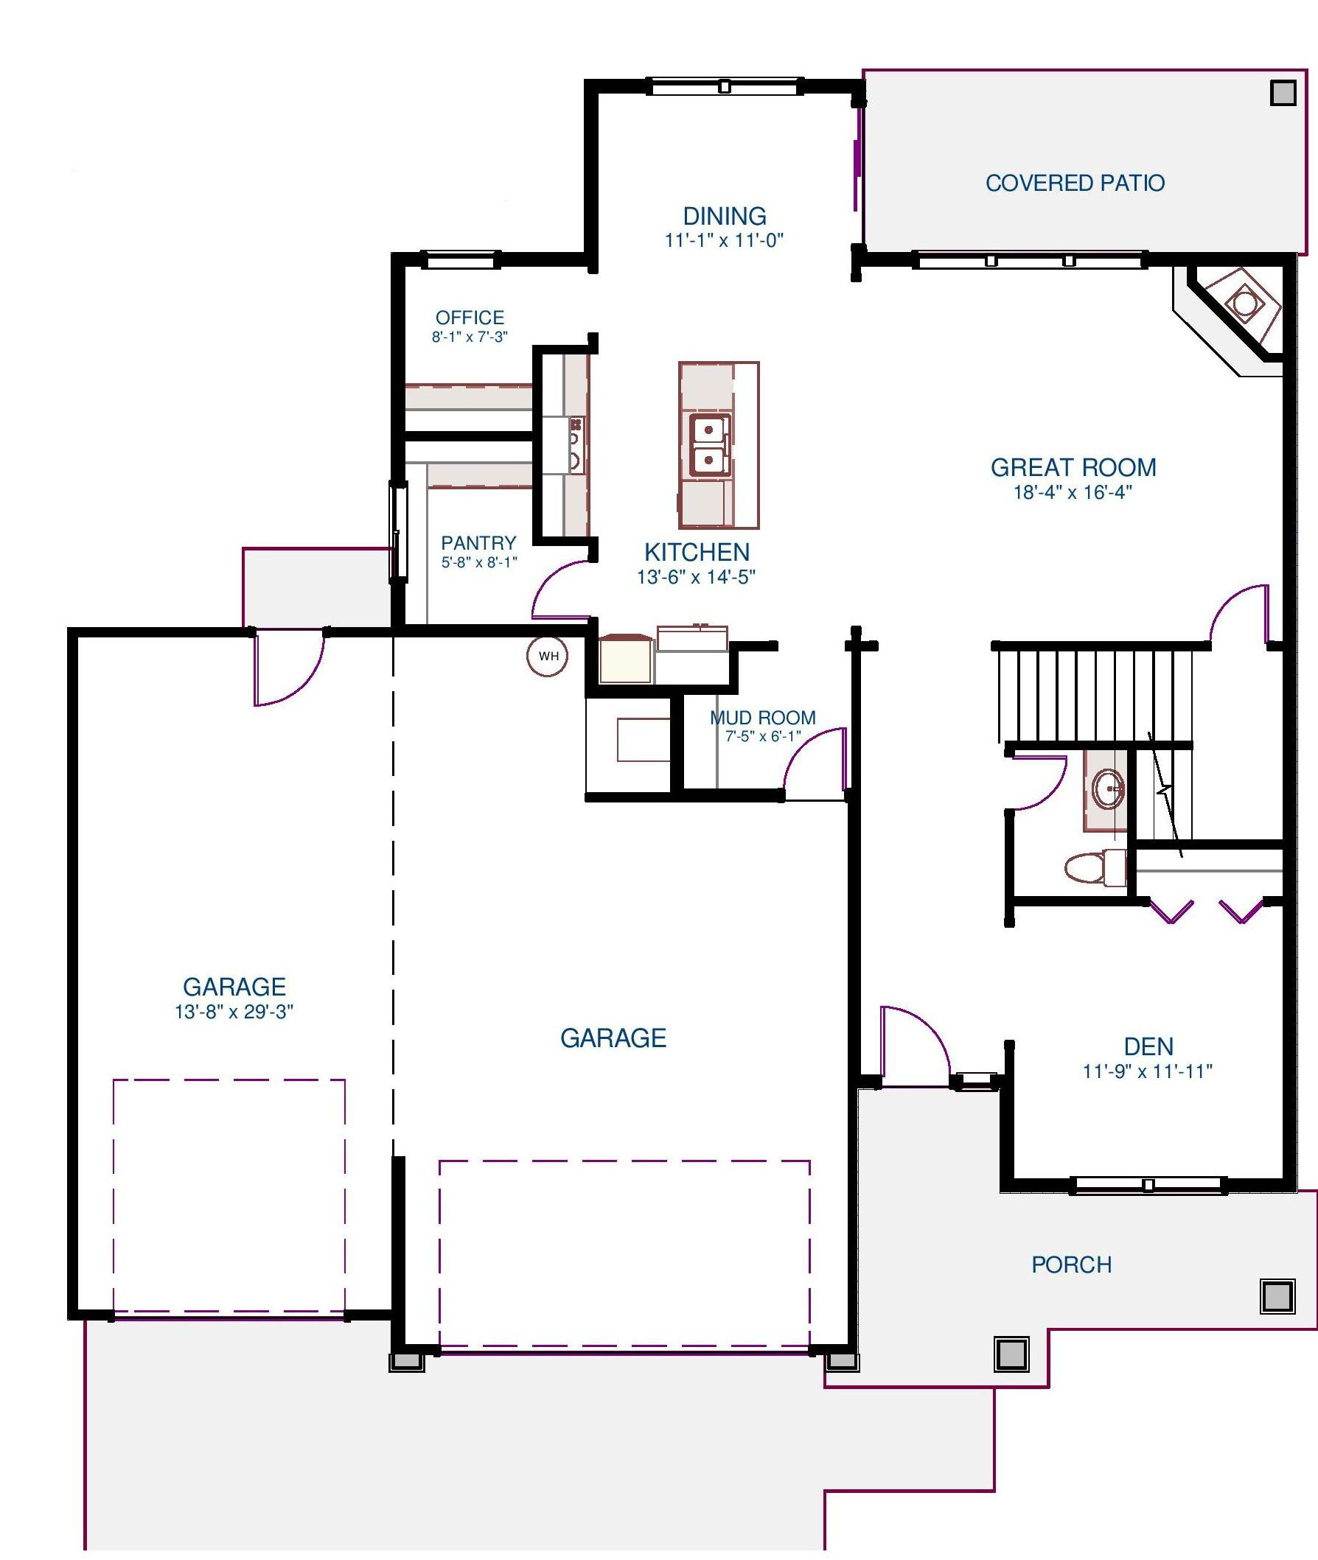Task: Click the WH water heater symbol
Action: pyautogui.click(x=548, y=657)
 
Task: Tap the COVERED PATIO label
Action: pyautogui.click(x=1075, y=183)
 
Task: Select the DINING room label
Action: pyautogui.click(x=724, y=216)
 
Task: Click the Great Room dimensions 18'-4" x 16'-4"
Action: pyautogui.click(x=1073, y=492)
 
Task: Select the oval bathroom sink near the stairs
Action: pyautogui.click(x=1108, y=788)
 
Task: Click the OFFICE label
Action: pyautogui.click(x=470, y=318)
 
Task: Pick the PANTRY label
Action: pyautogui.click(x=478, y=543)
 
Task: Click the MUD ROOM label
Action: pyautogui.click(x=762, y=718)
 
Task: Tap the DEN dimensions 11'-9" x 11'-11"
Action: pyautogui.click(x=1147, y=1071)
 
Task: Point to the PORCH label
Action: pyautogui.click(x=1072, y=1265)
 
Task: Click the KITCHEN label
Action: pyautogui.click(x=697, y=552)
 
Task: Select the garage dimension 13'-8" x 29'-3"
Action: pyautogui.click(x=234, y=1012)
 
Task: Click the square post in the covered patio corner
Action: pyautogui.click(x=1283, y=93)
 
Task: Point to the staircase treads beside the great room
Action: pyautogui.click(x=1095, y=695)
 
